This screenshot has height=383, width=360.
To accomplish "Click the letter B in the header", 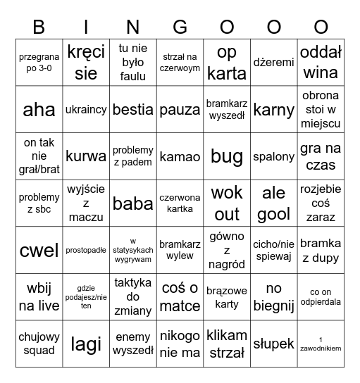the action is pyautogui.click(x=39, y=27).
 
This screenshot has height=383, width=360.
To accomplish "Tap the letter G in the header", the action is pyautogui.click(x=180, y=27).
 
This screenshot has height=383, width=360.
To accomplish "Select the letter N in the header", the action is pyautogui.click(x=133, y=27).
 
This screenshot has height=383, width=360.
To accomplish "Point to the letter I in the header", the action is pyautogui.click(x=86, y=27).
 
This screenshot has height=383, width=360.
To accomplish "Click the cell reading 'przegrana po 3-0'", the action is pyautogui.click(x=39, y=62).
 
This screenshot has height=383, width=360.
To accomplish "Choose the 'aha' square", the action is pyautogui.click(x=39, y=109).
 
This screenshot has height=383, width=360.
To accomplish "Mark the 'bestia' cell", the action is pyautogui.click(x=133, y=109).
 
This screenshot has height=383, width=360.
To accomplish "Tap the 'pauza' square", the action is pyautogui.click(x=180, y=109).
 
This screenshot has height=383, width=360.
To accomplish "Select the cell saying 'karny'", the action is pyautogui.click(x=274, y=109).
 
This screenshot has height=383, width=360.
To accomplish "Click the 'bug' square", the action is pyautogui.click(x=227, y=156).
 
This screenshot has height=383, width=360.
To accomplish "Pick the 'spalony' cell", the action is pyautogui.click(x=274, y=156).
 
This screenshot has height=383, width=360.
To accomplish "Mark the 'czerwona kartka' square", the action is pyautogui.click(x=180, y=203).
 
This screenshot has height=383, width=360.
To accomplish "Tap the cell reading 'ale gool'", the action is pyautogui.click(x=274, y=203).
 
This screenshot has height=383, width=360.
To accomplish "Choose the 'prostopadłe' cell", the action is pyautogui.click(x=86, y=250).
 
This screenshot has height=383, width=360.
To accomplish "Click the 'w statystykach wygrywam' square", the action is pyautogui.click(x=133, y=250).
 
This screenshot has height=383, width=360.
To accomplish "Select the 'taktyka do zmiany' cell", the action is pyautogui.click(x=133, y=296).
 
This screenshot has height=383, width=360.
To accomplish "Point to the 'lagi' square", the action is pyautogui.click(x=86, y=344).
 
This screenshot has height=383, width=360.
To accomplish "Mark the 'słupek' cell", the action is pyautogui.click(x=274, y=344).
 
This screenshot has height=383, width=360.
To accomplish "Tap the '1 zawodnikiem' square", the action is pyautogui.click(x=321, y=344).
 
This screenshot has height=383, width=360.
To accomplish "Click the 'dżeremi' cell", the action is pyautogui.click(x=274, y=62).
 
